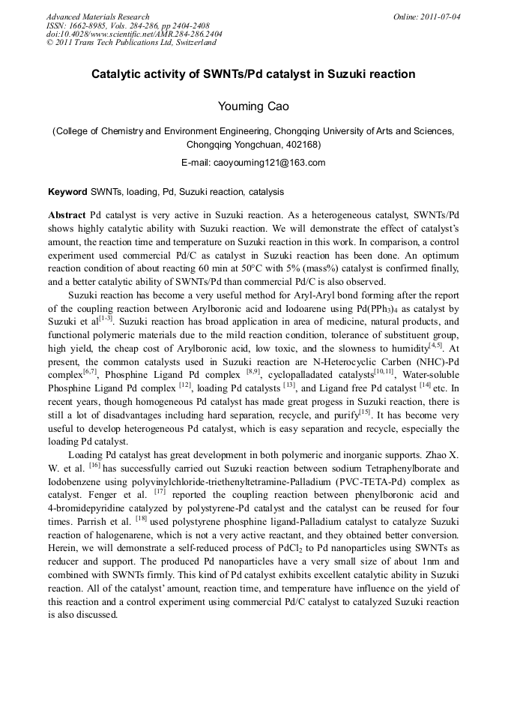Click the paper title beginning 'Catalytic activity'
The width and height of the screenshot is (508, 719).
coord(253,75)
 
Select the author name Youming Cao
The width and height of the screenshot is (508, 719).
coord(253,106)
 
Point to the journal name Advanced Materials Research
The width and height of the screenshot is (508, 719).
coord(98,16)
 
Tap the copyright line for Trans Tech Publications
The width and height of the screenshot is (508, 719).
coord(131,43)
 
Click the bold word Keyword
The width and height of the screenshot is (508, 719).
coord(67,192)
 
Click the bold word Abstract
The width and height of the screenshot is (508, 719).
coord(67,214)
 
